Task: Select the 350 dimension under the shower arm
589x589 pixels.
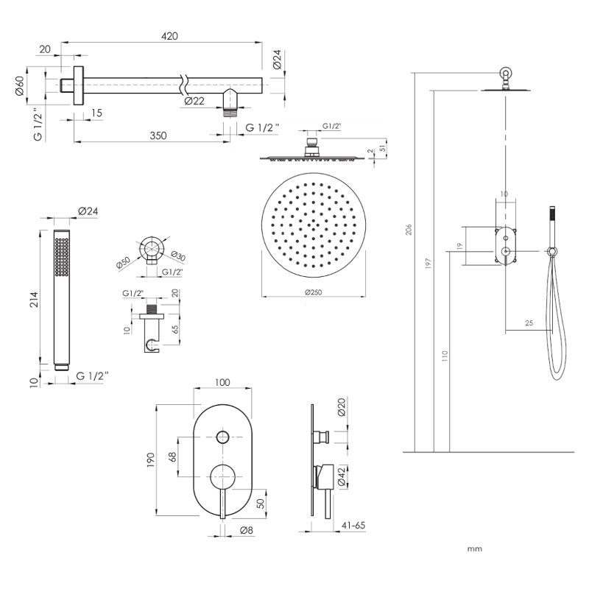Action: tap(158, 135)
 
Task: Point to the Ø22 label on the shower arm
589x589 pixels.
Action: tap(194, 101)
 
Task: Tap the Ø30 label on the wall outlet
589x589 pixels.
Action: tap(177, 255)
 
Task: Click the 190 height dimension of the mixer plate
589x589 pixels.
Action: tap(150, 460)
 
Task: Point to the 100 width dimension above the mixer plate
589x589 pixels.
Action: tap(223, 382)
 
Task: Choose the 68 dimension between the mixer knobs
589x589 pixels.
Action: tap(172, 457)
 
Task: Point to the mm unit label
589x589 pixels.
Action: tap(474, 549)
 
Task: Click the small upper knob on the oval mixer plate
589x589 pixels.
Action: tap(223, 437)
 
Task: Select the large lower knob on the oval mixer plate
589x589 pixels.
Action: tap(223, 476)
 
